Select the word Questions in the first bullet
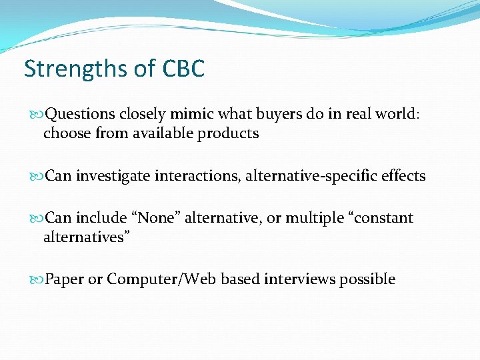click(x=80, y=114)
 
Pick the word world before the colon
click(x=393, y=114)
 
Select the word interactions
click(x=197, y=176)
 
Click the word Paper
click(x=64, y=279)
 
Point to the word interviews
click(x=300, y=279)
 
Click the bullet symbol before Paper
click(x=37, y=279)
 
